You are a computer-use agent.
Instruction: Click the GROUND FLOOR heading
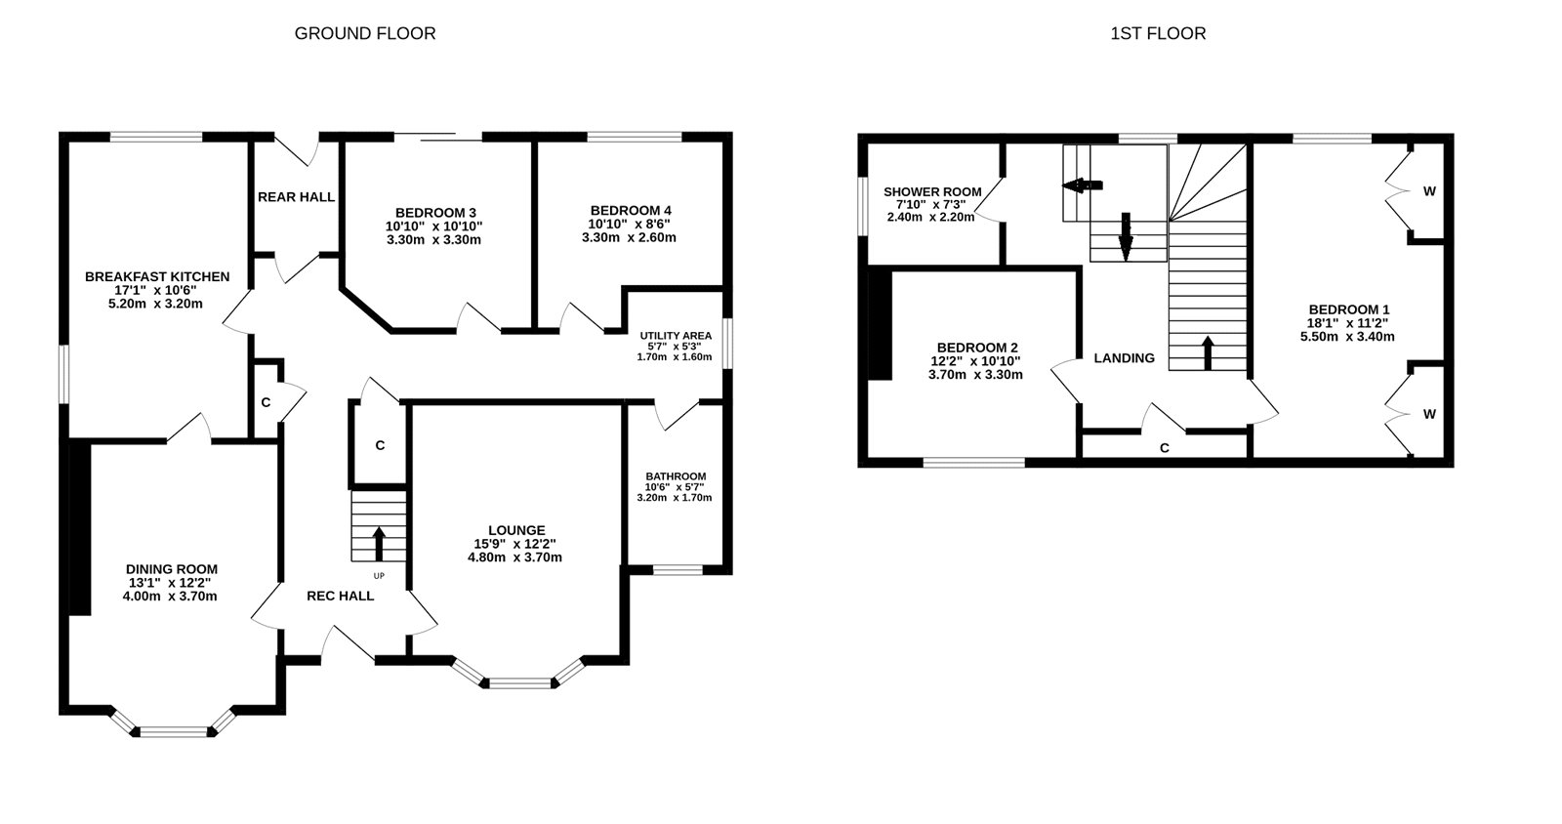click(365, 33)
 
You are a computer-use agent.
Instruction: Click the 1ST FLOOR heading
click(1158, 33)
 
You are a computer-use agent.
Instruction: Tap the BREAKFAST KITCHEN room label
click(157, 276)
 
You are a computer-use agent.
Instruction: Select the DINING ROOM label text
click(172, 569)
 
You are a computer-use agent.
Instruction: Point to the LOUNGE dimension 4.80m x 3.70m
click(514, 557)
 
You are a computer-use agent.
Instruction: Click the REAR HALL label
click(296, 197)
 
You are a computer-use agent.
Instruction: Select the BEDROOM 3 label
click(435, 213)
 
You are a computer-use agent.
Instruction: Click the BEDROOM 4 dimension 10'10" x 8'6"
click(630, 224)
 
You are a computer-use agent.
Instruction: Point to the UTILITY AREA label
click(676, 335)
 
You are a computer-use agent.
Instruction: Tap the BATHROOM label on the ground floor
click(676, 475)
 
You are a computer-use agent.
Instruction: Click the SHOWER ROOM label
click(932, 191)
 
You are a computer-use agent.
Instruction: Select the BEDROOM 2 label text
click(977, 348)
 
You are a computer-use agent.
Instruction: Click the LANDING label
click(1124, 358)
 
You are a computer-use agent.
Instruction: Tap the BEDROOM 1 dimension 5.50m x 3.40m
click(1347, 336)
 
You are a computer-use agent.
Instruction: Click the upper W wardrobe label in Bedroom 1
click(1429, 191)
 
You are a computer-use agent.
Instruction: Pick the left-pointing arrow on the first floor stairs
click(1083, 185)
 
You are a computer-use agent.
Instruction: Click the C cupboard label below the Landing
click(1165, 448)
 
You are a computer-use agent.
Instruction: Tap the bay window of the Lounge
click(519, 681)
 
